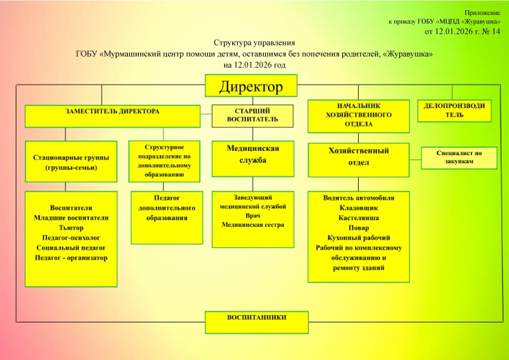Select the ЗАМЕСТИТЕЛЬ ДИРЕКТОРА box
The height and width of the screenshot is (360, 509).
pos(113,115)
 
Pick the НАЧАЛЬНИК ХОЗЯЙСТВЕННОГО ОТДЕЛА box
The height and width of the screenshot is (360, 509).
pos(359,115)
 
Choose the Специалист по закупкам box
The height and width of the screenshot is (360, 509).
pos(459,158)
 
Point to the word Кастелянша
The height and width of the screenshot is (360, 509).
pos(359,217)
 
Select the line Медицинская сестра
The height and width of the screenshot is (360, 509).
pos(247,224)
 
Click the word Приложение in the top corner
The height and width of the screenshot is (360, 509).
pos(484,12)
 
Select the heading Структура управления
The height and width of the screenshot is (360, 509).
pos(254,43)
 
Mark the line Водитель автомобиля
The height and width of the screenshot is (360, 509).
pos(359,197)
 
